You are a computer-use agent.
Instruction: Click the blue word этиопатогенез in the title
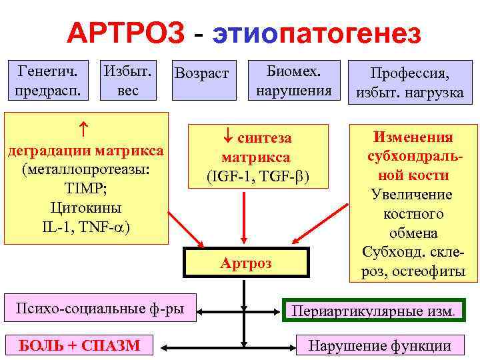(x=317, y=33)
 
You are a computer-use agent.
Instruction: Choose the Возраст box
(x=201, y=73)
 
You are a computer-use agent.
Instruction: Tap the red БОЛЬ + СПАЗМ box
(x=79, y=345)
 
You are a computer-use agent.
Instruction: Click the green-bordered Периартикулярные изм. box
(x=374, y=310)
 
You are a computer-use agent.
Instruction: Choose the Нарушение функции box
(x=379, y=345)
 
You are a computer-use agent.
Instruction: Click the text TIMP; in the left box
(x=85, y=188)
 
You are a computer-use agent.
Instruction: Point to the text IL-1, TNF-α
(x=85, y=226)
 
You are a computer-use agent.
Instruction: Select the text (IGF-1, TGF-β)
(x=257, y=177)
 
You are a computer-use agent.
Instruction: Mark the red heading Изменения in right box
(x=413, y=138)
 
